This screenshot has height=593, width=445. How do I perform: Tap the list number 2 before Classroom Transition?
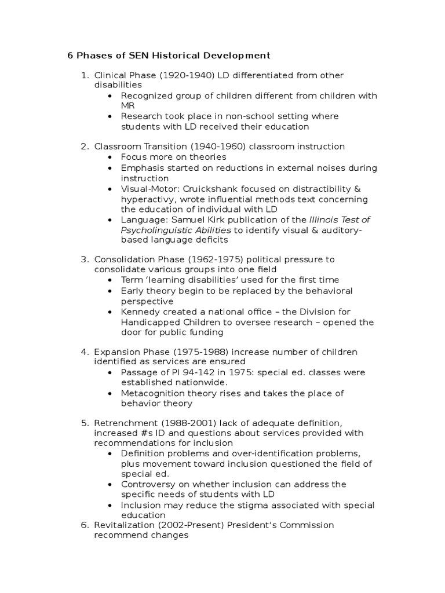click(x=84, y=147)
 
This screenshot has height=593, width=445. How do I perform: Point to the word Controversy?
click(x=145, y=484)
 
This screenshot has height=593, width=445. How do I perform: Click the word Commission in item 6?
click(x=308, y=525)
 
